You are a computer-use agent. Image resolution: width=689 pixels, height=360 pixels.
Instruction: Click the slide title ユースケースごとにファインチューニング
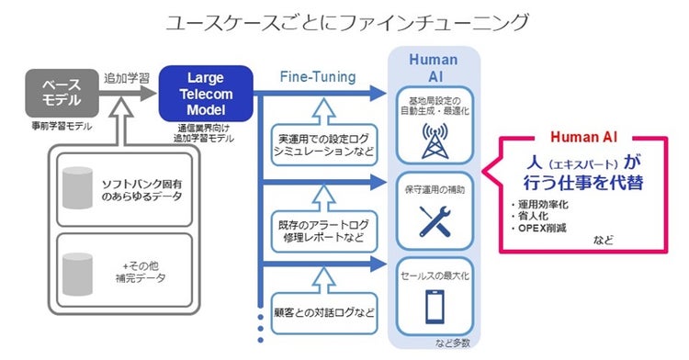(344, 20)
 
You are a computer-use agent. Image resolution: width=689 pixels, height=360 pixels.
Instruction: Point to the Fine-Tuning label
(316, 78)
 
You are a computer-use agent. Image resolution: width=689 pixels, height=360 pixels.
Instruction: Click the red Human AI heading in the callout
(583, 136)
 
